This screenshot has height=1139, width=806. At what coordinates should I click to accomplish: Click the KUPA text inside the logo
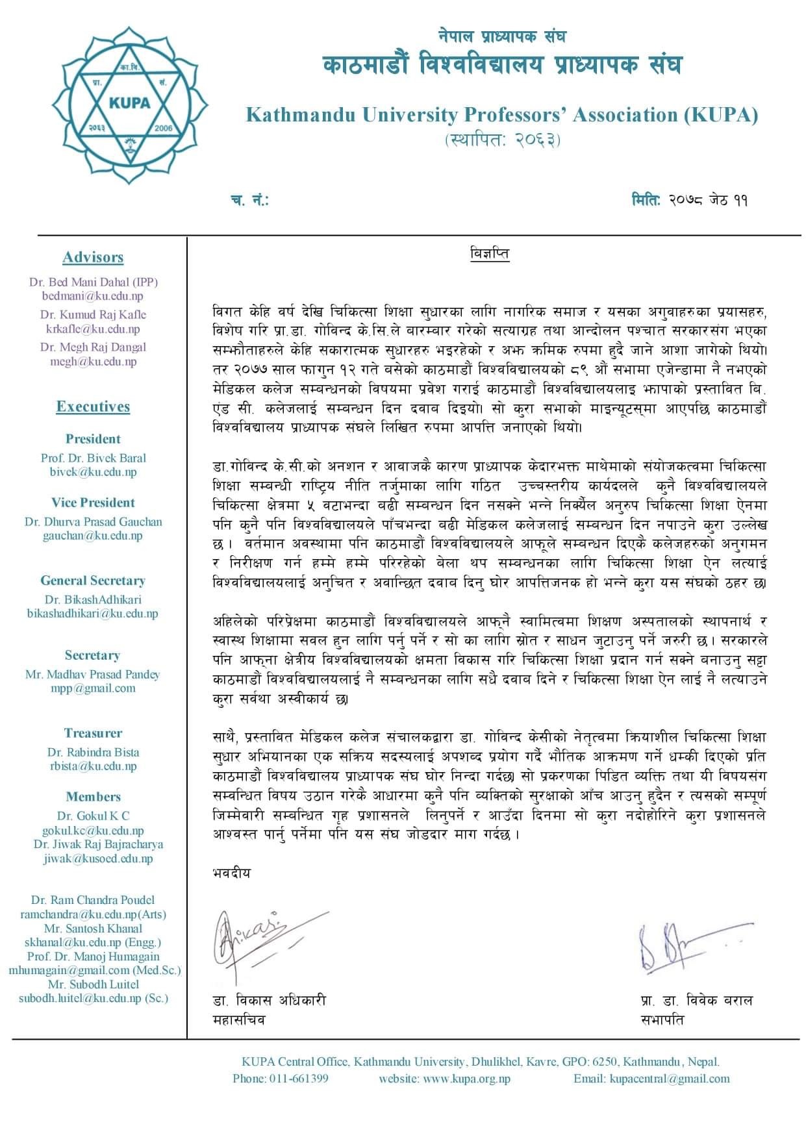130,102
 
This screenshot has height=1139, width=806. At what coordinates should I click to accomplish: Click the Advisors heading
93,257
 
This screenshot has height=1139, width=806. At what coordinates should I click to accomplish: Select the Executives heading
93,407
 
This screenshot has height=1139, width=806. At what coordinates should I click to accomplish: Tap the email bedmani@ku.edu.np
93,296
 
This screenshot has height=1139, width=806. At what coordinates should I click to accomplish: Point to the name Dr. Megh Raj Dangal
93,347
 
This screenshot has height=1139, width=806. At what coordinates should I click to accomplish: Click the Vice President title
93,503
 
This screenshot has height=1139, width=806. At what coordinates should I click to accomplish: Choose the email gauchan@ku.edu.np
93,536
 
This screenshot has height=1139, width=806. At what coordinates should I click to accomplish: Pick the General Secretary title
93,581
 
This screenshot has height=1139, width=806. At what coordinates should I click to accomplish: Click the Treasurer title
93,733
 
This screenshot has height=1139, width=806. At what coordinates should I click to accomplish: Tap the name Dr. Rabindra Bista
93,753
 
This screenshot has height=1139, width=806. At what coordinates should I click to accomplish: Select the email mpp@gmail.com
93,688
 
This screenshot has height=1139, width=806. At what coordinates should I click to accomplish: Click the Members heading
93,797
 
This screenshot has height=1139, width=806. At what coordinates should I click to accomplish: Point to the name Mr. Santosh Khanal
93,929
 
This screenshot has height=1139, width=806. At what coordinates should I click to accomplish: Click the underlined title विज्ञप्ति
490,253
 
